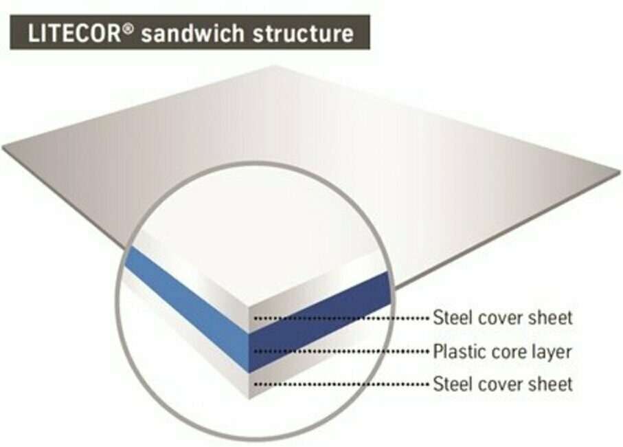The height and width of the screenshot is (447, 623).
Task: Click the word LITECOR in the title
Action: (x=74, y=33)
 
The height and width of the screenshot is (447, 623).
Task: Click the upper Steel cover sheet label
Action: (x=502, y=318)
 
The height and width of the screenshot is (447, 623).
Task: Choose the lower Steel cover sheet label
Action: (x=502, y=383)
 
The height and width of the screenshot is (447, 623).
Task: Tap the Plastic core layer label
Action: (x=501, y=351)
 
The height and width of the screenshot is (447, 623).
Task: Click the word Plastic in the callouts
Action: (x=456, y=351)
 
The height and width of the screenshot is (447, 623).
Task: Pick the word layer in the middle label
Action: (x=553, y=352)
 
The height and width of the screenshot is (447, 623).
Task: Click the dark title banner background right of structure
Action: (x=362, y=33)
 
